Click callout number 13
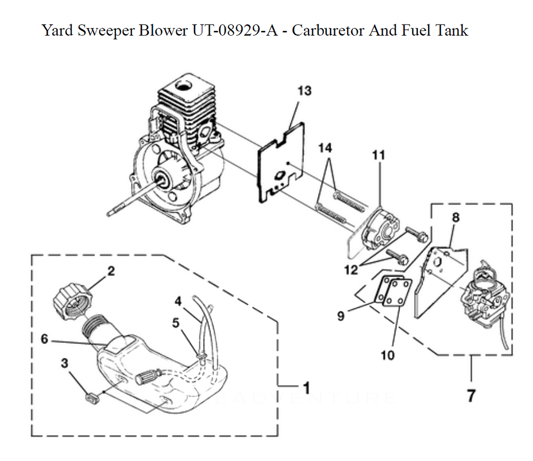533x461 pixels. click(304, 91)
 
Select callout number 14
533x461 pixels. click(326, 148)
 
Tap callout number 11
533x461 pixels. click(378, 155)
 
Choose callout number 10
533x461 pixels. click(387, 354)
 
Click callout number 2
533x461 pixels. click(110, 271)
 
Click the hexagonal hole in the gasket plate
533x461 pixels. click(279, 176)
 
